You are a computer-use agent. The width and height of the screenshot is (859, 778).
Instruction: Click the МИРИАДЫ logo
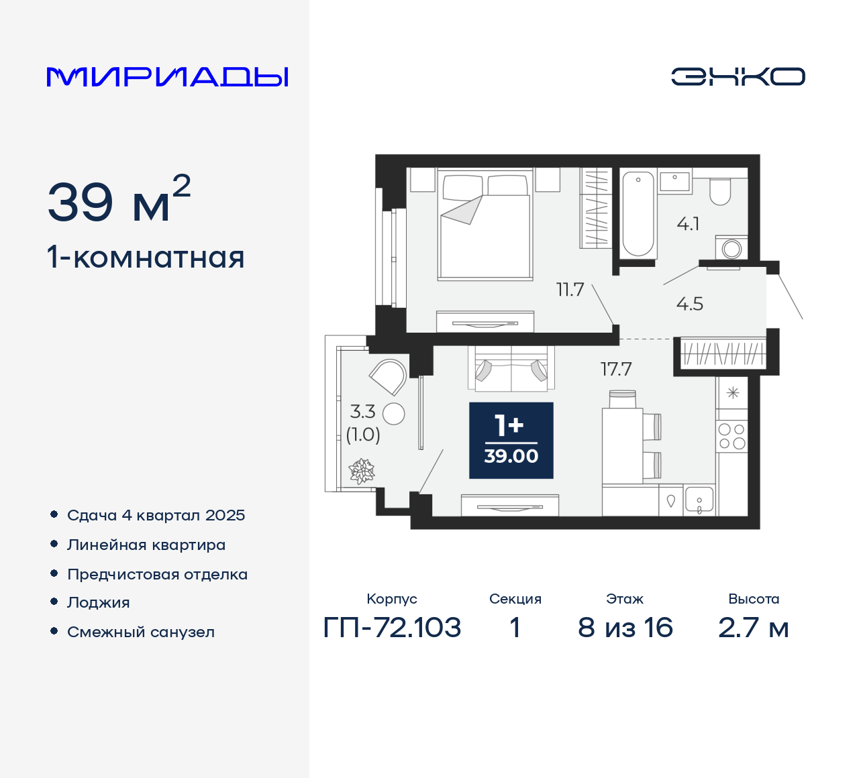click(x=168, y=77)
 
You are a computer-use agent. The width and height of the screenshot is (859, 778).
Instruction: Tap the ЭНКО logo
click(x=738, y=76)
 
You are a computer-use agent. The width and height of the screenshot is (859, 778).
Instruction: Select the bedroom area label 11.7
click(x=570, y=290)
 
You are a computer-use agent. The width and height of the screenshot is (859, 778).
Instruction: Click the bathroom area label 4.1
click(x=688, y=224)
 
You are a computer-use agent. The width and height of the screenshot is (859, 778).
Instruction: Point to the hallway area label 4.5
click(x=689, y=304)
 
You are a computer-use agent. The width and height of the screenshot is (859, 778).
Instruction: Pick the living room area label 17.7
click(x=615, y=369)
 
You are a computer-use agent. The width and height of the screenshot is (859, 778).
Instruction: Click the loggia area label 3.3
click(x=362, y=411)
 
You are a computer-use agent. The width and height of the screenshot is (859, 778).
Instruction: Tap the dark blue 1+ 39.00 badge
click(x=511, y=441)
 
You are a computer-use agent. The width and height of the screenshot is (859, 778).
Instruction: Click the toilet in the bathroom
click(x=720, y=192)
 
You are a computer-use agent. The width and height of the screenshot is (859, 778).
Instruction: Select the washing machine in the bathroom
click(x=731, y=248)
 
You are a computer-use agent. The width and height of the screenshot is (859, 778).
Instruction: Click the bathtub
click(x=638, y=215)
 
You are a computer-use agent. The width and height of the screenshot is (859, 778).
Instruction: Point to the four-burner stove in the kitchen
click(x=732, y=436)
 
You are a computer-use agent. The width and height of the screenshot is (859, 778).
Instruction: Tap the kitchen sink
click(x=699, y=501)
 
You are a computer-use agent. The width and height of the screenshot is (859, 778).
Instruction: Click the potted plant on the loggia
click(x=362, y=471)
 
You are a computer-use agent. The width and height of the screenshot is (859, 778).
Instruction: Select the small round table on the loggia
click(x=394, y=414)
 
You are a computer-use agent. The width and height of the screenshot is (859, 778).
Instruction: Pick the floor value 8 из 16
click(x=625, y=628)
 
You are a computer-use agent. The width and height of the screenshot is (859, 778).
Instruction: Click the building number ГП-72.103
click(x=392, y=628)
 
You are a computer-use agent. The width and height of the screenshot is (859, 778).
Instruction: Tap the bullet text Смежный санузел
click(x=141, y=632)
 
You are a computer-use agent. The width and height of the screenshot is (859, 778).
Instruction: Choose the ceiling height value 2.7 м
click(x=753, y=628)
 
